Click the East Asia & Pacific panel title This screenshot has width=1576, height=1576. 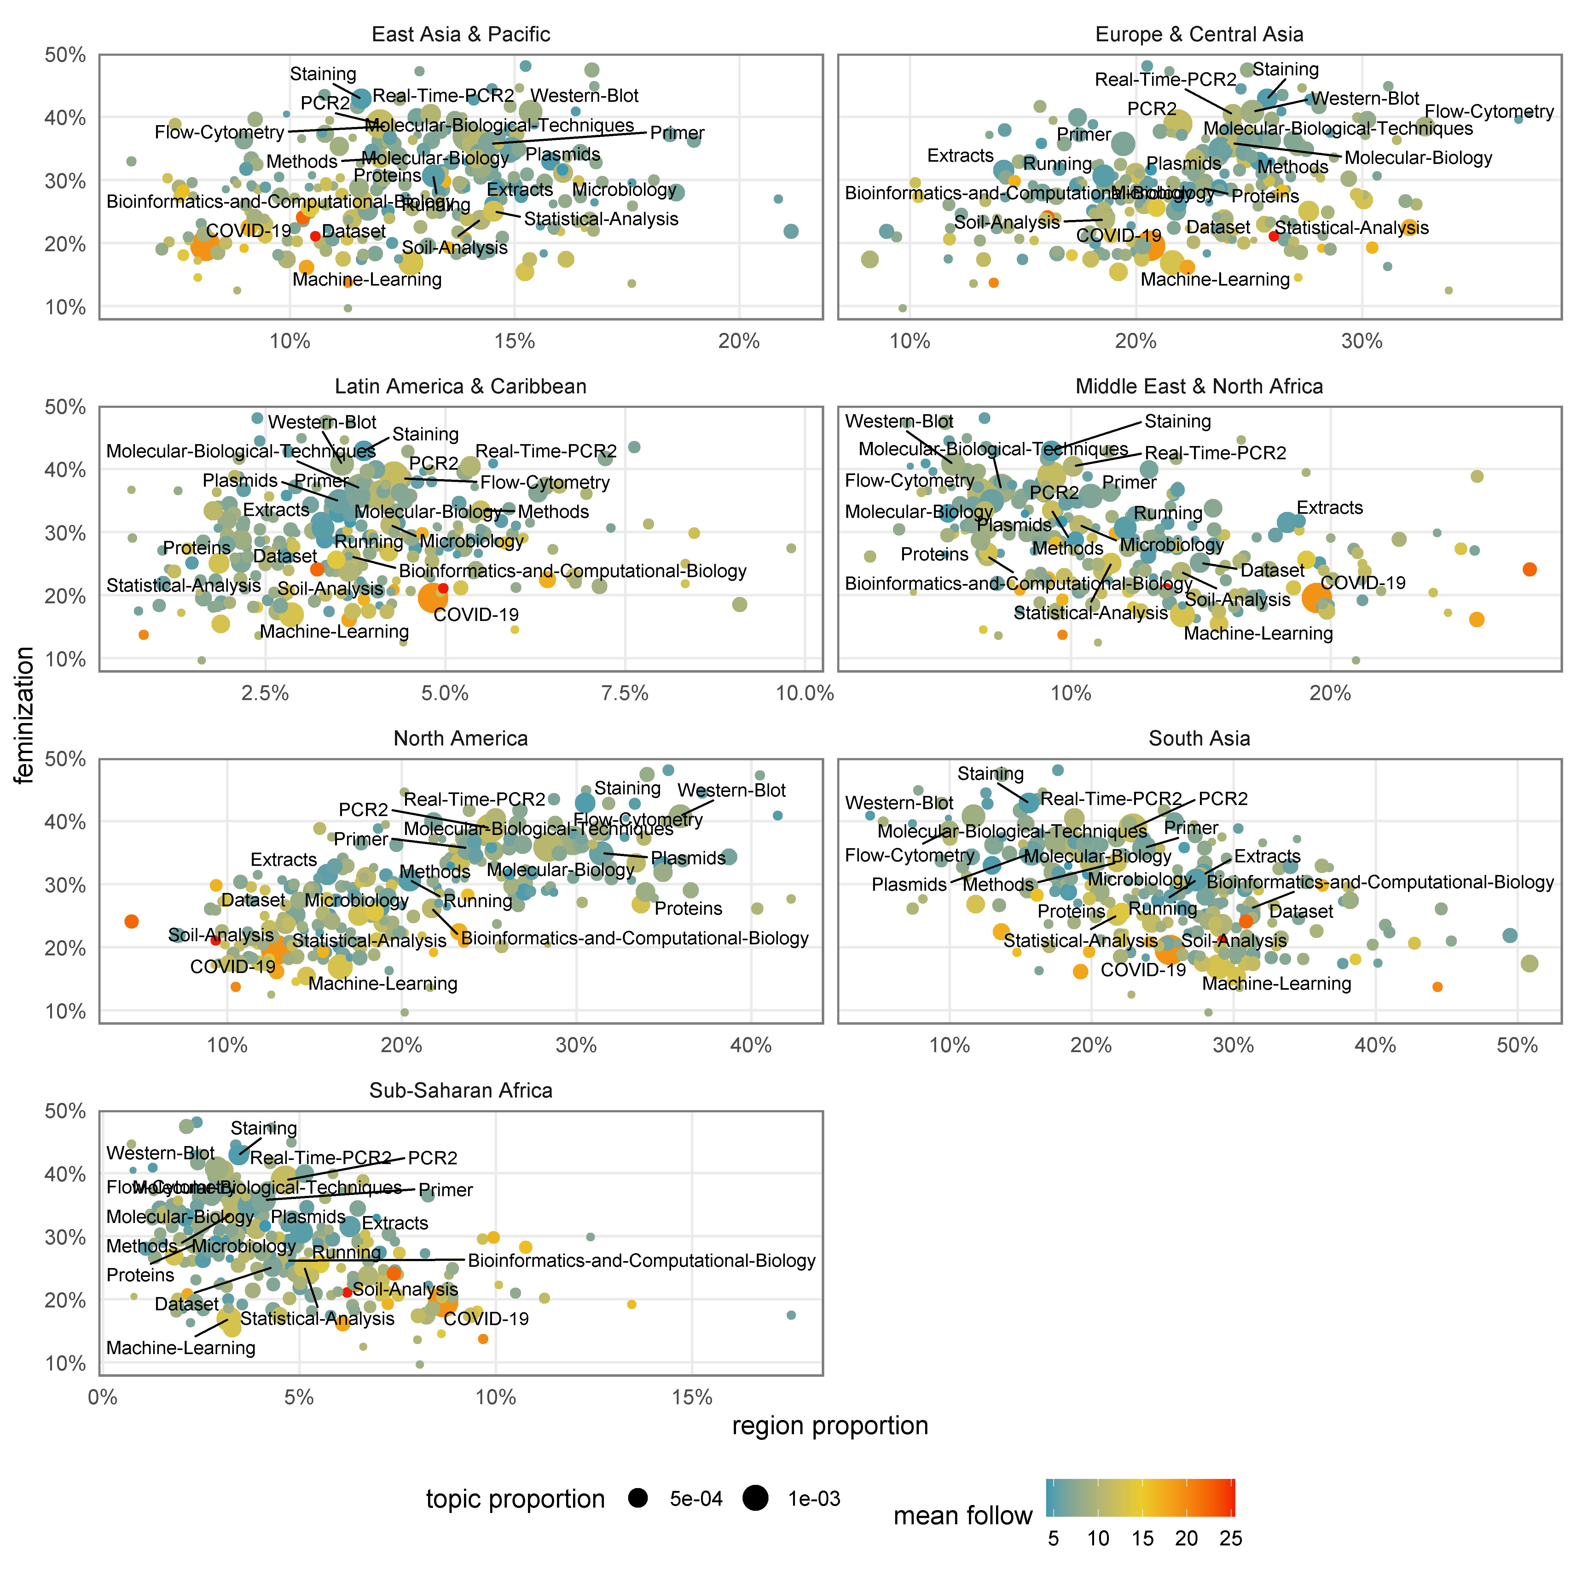pyautogui.click(x=461, y=34)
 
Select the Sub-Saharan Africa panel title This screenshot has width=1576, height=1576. pyautogui.click(x=461, y=1091)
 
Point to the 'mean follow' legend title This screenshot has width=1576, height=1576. pyautogui.click(x=963, y=1515)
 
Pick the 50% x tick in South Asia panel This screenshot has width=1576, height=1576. pyautogui.click(x=1518, y=1046)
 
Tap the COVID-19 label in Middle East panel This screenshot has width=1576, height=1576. pyautogui.click(x=1363, y=582)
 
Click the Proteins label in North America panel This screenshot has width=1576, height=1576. pyautogui.click(x=688, y=909)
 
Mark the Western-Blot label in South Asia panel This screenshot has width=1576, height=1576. pyautogui.click(x=899, y=803)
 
